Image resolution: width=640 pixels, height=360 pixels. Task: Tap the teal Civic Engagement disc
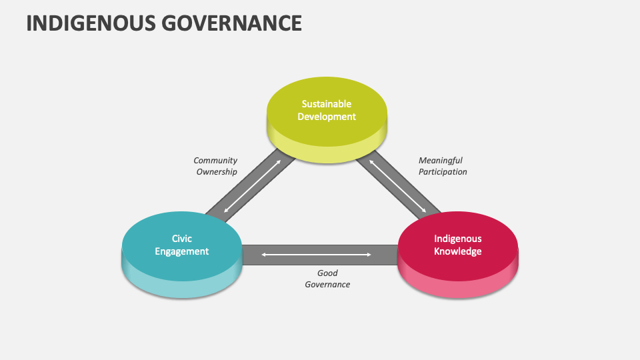pos(181,263)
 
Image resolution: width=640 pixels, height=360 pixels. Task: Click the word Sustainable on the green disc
pos(326,104)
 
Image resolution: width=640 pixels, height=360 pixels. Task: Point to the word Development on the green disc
pos(326,117)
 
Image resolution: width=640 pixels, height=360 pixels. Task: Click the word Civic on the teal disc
pos(181,238)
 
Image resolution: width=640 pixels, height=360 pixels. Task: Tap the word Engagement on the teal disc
pos(181,251)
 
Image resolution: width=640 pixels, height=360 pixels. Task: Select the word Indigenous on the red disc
pos(457,238)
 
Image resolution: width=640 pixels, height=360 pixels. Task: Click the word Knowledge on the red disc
pos(457,251)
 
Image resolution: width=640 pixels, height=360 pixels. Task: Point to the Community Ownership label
pos(216,166)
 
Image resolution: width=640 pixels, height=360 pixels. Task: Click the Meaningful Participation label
pos(442,166)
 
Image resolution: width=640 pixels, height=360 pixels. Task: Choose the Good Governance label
pos(327,279)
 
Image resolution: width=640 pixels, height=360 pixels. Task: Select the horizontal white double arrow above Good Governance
pos(317,255)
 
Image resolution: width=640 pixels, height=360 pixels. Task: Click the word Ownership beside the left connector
pos(216,172)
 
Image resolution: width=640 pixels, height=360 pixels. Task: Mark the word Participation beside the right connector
pos(443,172)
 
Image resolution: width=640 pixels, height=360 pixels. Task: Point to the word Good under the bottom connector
pos(327,273)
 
